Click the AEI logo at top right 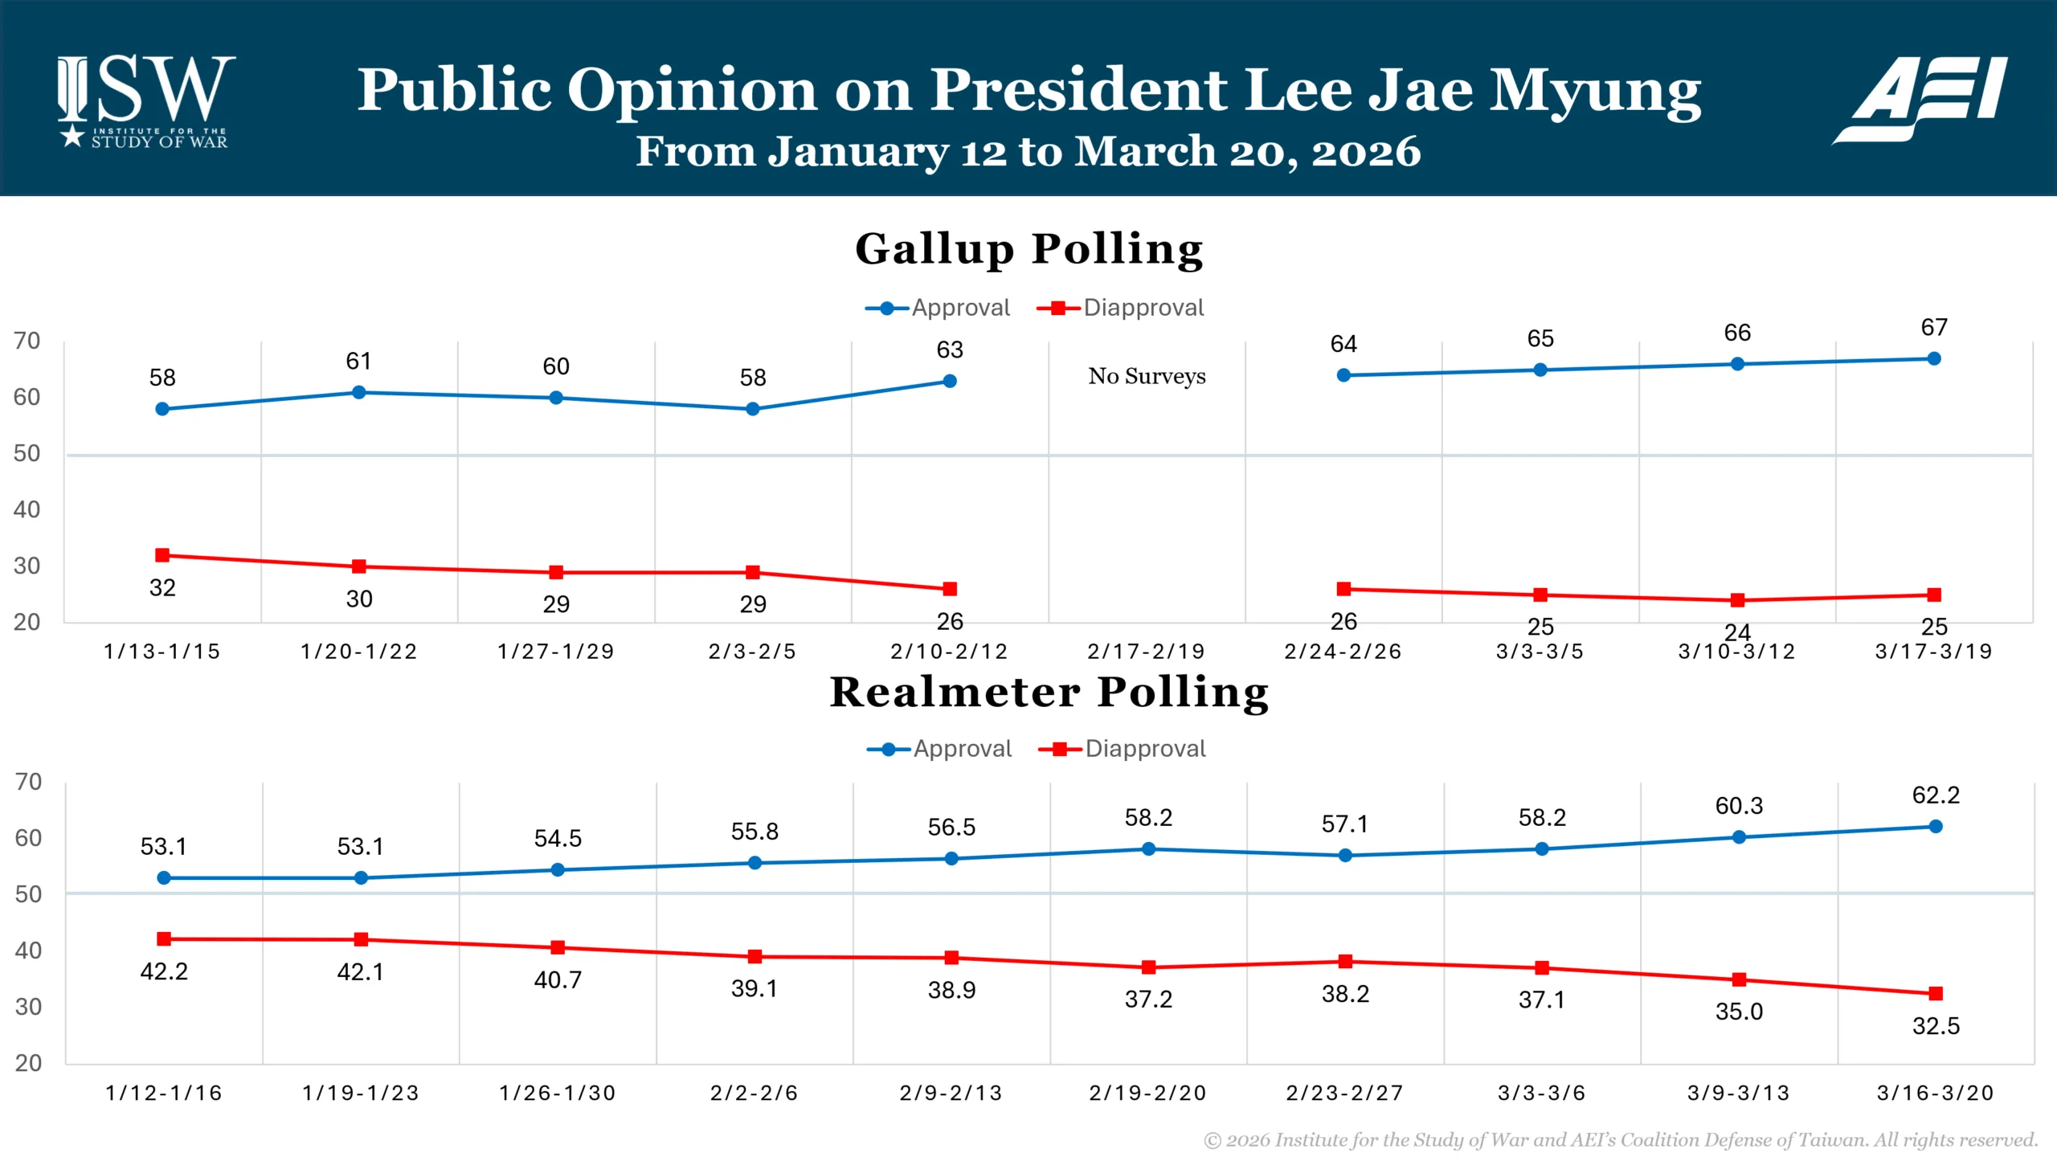coord(1920,98)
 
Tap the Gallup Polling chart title coord(1029,248)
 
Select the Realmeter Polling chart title coord(1049,692)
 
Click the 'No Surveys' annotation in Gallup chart coord(1147,376)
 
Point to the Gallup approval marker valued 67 coord(1934,359)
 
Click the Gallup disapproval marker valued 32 coord(162,555)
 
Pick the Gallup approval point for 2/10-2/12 coord(950,381)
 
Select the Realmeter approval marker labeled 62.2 coord(1936,826)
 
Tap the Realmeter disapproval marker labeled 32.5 coord(1936,994)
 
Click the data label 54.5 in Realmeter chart coord(558,838)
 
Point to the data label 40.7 coord(558,979)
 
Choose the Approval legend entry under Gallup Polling coord(938,308)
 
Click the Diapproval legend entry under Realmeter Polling coord(1123,749)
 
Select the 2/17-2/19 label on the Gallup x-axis coord(1147,651)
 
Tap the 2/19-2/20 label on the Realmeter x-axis coord(1148,1093)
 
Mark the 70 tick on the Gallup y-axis coord(27,341)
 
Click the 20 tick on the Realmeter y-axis coord(28,1063)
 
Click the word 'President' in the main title coord(1079,89)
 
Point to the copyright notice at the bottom coord(1620,1139)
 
